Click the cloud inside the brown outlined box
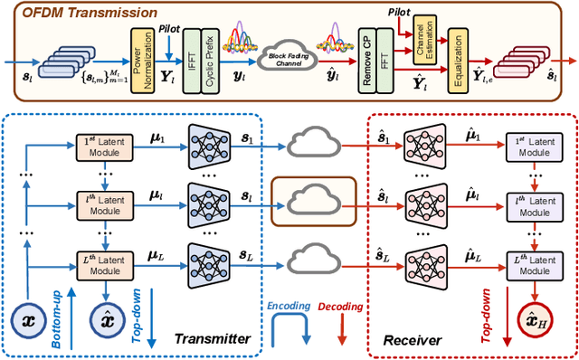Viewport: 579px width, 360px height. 313,200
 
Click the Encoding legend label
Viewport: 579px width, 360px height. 289,306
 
